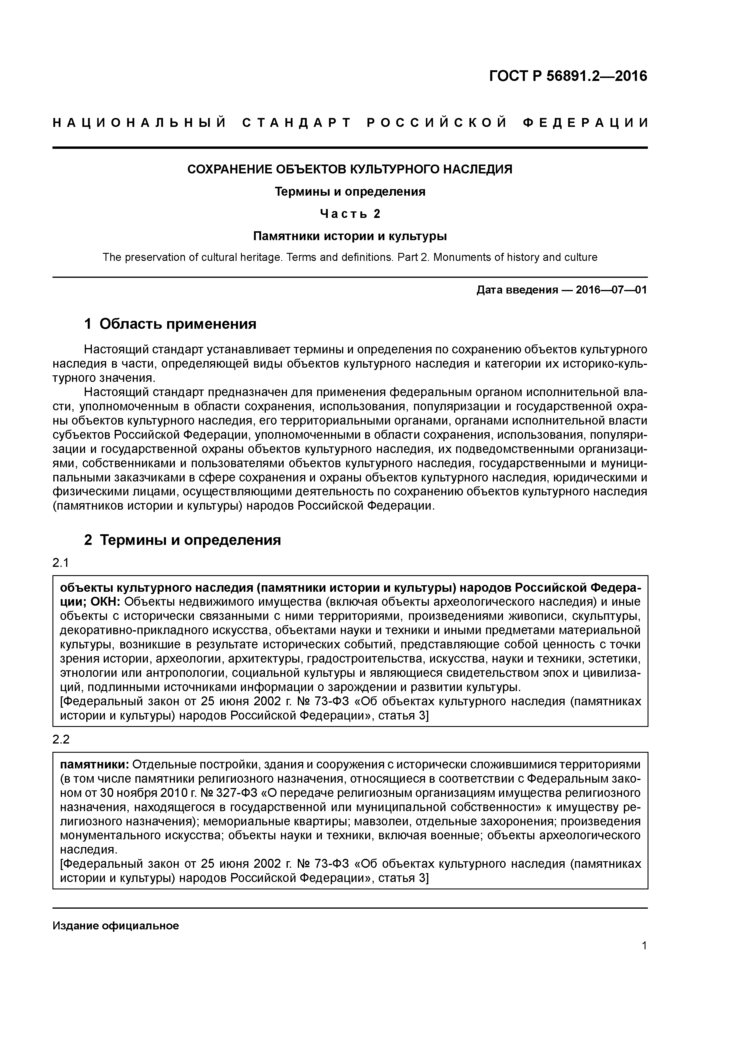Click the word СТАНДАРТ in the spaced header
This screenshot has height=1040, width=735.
(x=297, y=123)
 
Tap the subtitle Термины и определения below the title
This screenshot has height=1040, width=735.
(x=350, y=192)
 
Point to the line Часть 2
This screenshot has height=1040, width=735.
(x=350, y=213)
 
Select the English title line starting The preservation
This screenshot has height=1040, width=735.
(x=350, y=257)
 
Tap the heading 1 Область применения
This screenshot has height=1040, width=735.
(x=170, y=323)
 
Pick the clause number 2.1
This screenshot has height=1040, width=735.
(x=61, y=563)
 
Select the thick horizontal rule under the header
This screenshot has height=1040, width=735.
(x=350, y=148)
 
